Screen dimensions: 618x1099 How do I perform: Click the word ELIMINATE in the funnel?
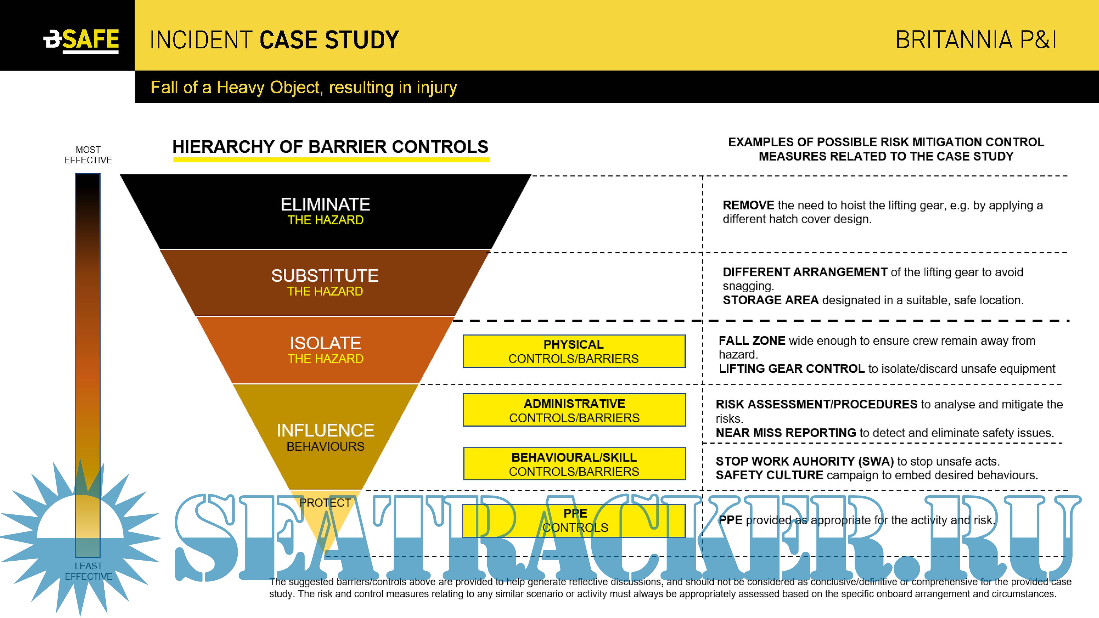click(325, 205)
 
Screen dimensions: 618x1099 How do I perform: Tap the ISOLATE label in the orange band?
click(325, 343)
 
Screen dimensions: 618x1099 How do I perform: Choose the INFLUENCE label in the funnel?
click(325, 431)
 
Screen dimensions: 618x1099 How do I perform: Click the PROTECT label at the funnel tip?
click(325, 503)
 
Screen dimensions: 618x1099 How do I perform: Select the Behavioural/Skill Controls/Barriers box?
click(574, 464)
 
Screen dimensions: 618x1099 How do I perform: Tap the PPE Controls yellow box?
click(574, 520)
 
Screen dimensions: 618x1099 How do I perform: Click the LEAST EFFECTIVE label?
click(88, 571)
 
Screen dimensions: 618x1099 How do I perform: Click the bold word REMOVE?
click(748, 205)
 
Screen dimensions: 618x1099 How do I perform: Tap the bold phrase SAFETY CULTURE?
click(769, 475)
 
